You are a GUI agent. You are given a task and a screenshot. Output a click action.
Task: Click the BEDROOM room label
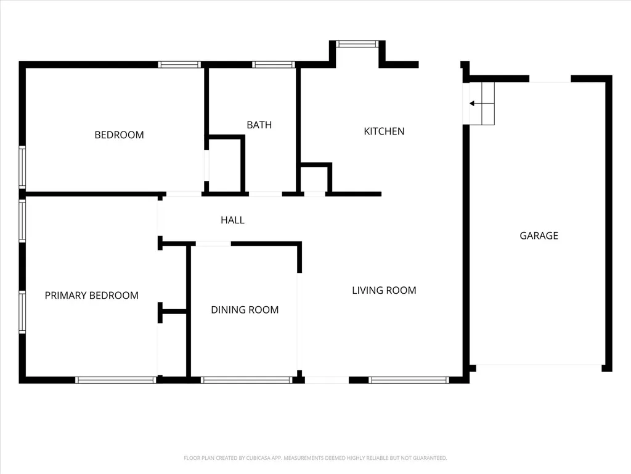tap(119, 135)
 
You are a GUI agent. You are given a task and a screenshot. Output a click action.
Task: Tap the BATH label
tap(259, 125)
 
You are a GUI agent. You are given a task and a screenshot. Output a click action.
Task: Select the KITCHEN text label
tap(384, 131)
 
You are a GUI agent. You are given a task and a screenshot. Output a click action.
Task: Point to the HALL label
tap(232, 220)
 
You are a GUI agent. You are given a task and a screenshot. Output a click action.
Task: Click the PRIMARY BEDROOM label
tap(92, 296)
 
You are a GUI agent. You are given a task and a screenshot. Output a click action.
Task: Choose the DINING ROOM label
tap(245, 310)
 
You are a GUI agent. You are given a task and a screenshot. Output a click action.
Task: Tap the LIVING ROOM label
tap(384, 290)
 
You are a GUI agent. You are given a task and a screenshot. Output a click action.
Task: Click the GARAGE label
tap(539, 236)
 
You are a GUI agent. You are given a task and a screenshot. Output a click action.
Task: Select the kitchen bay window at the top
tap(357, 44)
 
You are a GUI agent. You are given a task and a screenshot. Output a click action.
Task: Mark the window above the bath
tap(274, 64)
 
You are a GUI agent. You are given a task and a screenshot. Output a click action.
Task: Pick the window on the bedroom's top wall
tap(179, 64)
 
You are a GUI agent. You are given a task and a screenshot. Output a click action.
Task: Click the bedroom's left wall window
tap(22, 167)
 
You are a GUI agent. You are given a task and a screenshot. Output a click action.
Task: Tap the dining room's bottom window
tap(246, 380)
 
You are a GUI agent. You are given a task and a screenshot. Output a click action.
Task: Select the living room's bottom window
tap(409, 380)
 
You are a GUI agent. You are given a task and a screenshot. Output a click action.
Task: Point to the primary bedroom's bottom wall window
tap(116, 380)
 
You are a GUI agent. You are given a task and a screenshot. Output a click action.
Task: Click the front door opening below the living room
tap(327, 380)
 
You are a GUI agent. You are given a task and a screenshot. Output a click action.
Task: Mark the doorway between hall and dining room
tap(213, 244)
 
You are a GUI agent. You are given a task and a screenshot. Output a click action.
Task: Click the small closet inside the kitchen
tap(315, 180)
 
